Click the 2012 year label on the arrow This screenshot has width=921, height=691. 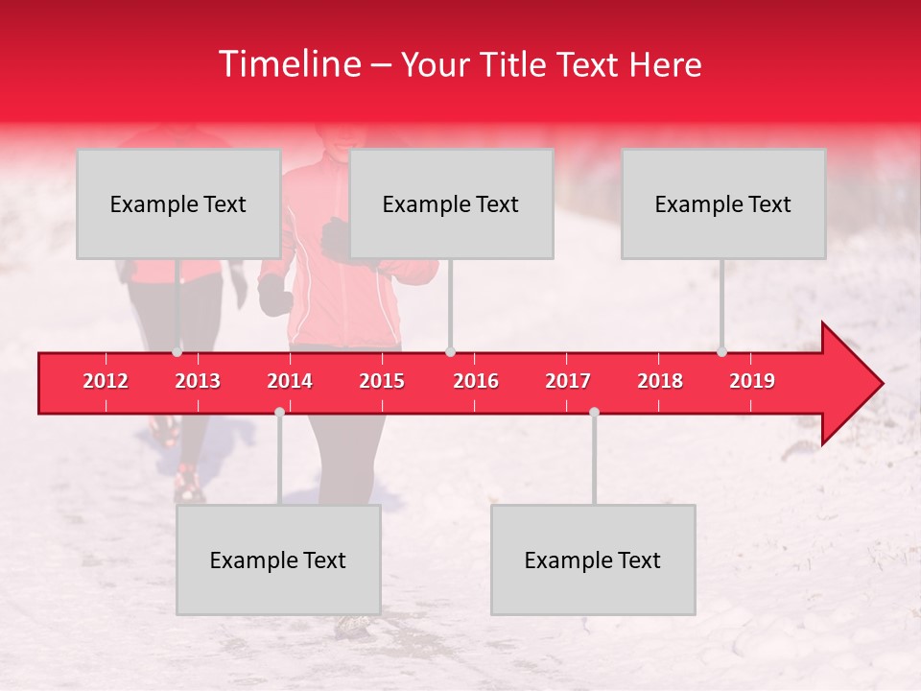pos(106,381)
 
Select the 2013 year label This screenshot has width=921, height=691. pos(198,381)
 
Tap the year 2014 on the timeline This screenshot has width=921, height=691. pos(290,381)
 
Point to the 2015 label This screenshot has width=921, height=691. pos(382,381)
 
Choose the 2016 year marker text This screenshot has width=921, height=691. pos(476,381)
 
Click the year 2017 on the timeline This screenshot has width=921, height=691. pos(568,381)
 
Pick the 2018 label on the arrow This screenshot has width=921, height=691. pos(660,381)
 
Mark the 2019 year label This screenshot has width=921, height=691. pos(752,381)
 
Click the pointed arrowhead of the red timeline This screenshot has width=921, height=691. pos(854,384)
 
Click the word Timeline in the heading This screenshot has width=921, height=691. pos(287,64)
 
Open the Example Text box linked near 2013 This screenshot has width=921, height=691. pos(178,203)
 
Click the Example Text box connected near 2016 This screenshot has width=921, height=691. pos(451,203)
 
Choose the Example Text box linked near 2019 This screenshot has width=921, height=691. pos(723,203)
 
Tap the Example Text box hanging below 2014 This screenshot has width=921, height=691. pos(278,560)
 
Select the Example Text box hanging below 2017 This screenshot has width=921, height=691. pos(593,560)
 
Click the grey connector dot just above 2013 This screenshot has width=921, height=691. pos(177,352)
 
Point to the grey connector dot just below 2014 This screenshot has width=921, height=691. pos(279,412)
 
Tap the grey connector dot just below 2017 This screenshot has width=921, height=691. pos(594,412)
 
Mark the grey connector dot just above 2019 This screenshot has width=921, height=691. pos(722,352)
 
